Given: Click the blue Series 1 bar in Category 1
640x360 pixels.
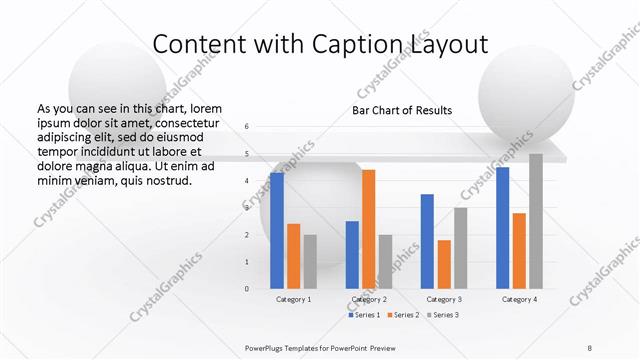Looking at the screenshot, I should tap(277, 231).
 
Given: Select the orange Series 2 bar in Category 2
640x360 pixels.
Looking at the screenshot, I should tap(369, 229).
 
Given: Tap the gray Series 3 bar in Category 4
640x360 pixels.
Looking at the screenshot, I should tap(536, 221).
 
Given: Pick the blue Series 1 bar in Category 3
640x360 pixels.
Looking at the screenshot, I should tap(427, 241).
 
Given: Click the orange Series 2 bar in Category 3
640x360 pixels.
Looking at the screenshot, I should tap(444, 264).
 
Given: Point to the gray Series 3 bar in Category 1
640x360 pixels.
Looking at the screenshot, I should tap(310, 262).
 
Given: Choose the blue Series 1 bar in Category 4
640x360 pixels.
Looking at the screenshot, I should tap(503, 228).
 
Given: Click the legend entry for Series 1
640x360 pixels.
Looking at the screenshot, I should tap(364, 315).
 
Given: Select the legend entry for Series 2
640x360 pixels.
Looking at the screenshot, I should tap(403, 315).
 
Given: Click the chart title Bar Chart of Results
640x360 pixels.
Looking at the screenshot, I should tap(402, 110).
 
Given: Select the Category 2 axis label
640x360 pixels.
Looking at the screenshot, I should tap(369, 299).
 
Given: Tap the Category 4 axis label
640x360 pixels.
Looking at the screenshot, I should tap(519, 299).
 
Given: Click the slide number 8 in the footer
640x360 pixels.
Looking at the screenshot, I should tap(590, 347).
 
